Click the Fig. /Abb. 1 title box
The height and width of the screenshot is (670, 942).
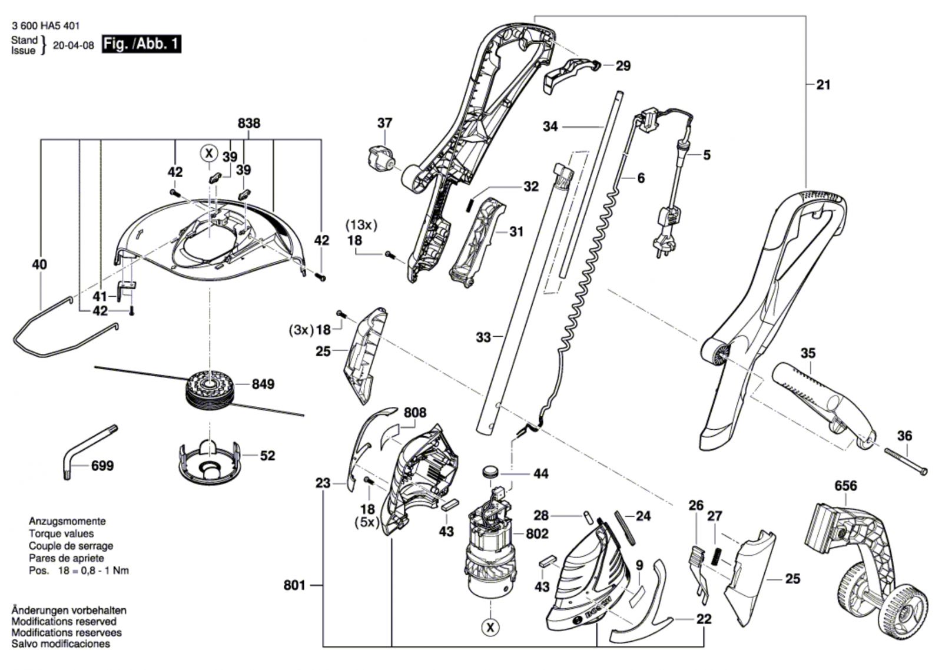(141, 44)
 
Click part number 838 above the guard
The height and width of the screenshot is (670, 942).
(249, 123)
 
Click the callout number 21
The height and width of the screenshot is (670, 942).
(824, 85)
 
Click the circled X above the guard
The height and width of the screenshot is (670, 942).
(208, 153)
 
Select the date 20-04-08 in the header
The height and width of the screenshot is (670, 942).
(73, 45)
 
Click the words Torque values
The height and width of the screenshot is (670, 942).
(61, 534)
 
